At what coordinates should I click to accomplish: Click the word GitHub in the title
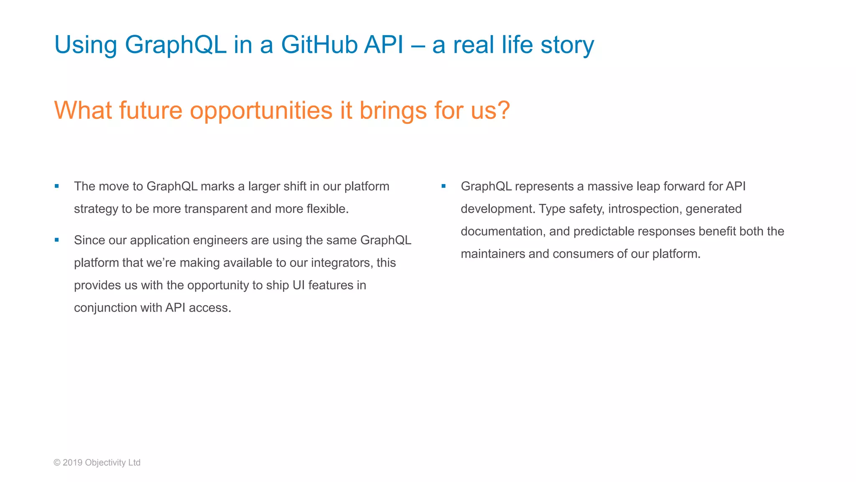[x=319, y=44]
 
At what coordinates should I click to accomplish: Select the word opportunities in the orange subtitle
[x=261, y=110]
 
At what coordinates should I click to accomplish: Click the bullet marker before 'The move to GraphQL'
[x=57, y=186]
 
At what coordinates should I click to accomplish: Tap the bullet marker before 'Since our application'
[x=57, y=240]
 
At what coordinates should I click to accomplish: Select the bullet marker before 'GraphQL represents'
[x=443, y=186]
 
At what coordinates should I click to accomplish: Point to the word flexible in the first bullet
[x=327, y=209]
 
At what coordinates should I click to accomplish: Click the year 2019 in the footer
[x=72, y=462]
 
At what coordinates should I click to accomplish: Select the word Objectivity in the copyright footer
[x=105, y=462]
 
